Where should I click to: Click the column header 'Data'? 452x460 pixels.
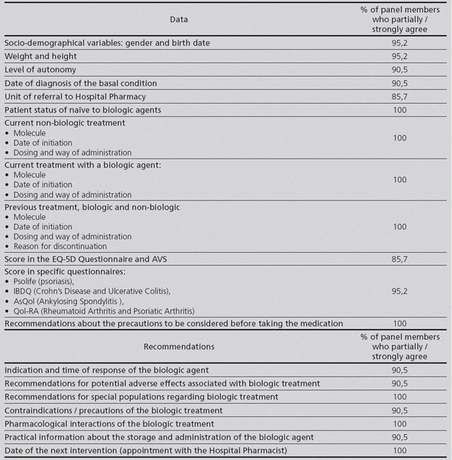pyautogui.click(x=178, y=19)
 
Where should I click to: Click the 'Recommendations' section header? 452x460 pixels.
pyautogui.click(x=178, y=347)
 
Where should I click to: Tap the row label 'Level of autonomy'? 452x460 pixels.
pyautogui.click(x=40, y=70)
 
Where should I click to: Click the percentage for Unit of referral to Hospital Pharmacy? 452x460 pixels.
pyautogui.click(x=401, y=96)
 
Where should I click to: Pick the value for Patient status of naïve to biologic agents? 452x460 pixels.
pyautogui.click(x=401, y=110)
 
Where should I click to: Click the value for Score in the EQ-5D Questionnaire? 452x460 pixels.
pyautogui.click(x=401, y=260)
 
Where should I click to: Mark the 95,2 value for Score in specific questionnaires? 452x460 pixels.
pyautogui.click(x=401, y=290)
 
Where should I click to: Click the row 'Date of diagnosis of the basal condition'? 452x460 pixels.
pyautogui.click(x=81, y=83)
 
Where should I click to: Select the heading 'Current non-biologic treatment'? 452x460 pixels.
pyautogui.click(x=65, y=123)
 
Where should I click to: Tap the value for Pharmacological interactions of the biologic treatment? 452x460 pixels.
pyautogui.click(x=401, y=424)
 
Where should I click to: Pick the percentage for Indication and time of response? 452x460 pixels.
pyautogui.click(x=401, y=370)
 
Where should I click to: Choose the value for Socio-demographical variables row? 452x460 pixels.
pyautogui.click(x=401, y=43)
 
